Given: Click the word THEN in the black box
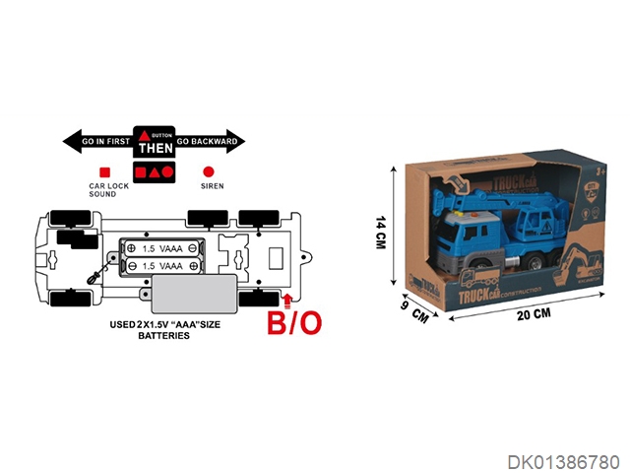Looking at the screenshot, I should click(x=155, y=149).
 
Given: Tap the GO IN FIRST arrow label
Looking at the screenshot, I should click(x=103, y=142).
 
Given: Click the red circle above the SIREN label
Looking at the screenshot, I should click(x=207, y=170).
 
